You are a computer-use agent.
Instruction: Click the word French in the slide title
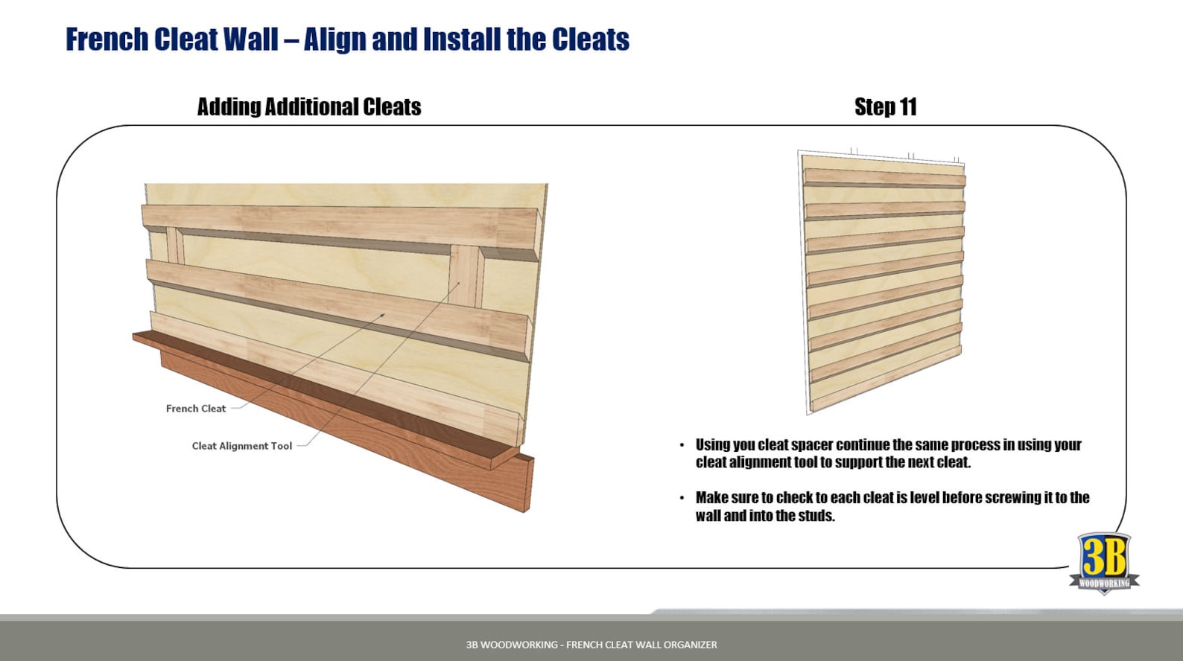click(x=107, y=39)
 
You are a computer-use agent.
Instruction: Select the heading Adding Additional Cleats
click(x=308, y=107)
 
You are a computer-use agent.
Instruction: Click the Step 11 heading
click(x=884, y=107)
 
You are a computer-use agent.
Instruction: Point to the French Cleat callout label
click(x=195, y=409)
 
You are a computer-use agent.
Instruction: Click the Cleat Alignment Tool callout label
click(x=241, y=446)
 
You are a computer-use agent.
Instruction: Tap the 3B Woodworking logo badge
click(x=1104, y=562)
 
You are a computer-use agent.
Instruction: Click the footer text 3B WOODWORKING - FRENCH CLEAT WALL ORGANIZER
click(x=591, y=645)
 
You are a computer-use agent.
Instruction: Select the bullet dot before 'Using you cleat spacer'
click(x=682, y=445)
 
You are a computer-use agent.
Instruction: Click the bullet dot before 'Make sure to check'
click(x=682, y=498)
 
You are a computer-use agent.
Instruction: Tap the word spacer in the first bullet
click(x=811, y=445)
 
